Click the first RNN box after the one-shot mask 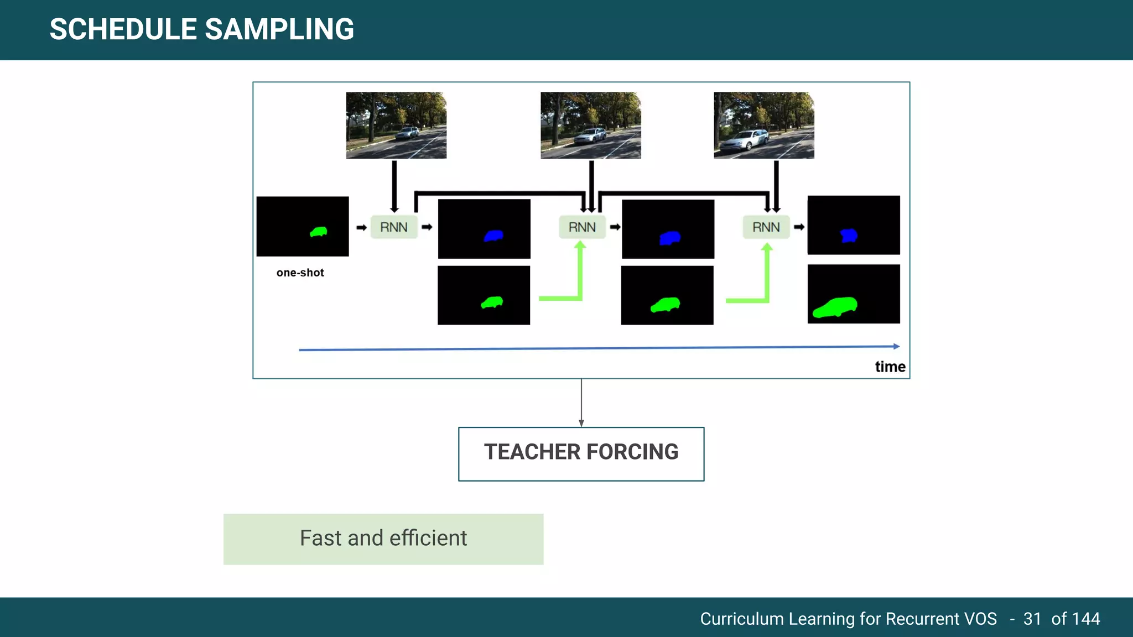pyautogui.click(x=393, y=227)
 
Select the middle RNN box pyautogui.click(x=582, y=227)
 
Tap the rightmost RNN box pyautogui.click(x=766, y=227)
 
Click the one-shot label pyautogui.click(x=300, y=273)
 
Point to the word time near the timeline pyautogui.click(x=890, y=367)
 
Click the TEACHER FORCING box pyautogui.click(x=581, y=453)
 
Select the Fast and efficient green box pyautogui.click(x=383, y=539)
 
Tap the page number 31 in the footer pyautogui.click(x=1032, y=618)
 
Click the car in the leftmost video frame pyautogui.click(x=408, y=133)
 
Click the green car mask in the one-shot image pyautogui.click(x=319, y=232)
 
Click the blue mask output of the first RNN pyautogui.click(x=493, y=236)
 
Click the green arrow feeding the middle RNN pyautogui.click(x=579, y=276)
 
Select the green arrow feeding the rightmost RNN pyautogui.click(x=766, y=279)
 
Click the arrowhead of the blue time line pyautogui.click(x=896, y=346)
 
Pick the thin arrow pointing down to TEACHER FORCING pyautogui.click(x=581, y=404)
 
